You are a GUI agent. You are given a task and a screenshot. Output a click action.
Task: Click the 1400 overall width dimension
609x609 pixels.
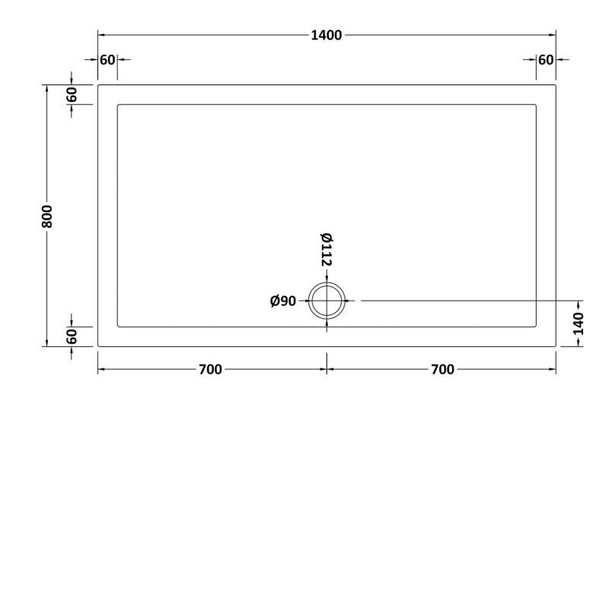click(327, 35)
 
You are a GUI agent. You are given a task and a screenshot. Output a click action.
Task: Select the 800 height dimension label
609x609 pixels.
click(46, 216)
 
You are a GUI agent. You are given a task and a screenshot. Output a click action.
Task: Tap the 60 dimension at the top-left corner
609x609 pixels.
click(107, 60)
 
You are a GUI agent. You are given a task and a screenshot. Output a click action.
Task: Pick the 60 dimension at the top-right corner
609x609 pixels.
click(546, 60)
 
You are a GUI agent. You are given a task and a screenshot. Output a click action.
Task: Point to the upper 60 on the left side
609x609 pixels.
click(72, 95)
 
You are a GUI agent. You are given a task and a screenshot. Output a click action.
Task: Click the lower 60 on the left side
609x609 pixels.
click(72, 336)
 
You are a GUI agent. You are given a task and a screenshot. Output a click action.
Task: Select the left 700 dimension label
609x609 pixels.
click(209, 370)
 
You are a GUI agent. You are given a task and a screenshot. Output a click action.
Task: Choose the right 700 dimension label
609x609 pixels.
click(442, 370)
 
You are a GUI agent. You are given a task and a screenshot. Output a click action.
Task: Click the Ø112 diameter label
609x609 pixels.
click(327, 249)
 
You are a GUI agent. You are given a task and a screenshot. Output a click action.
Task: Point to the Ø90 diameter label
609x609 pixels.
click(283, 301)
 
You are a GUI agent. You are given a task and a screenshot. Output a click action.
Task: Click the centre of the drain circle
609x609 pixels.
click(327, 301)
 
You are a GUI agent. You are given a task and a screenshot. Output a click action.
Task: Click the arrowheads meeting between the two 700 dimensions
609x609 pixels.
click(327, 370)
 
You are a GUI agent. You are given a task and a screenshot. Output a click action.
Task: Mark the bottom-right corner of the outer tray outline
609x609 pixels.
click(556, 346)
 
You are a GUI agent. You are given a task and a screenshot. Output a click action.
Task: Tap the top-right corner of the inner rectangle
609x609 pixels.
click(537, 105)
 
